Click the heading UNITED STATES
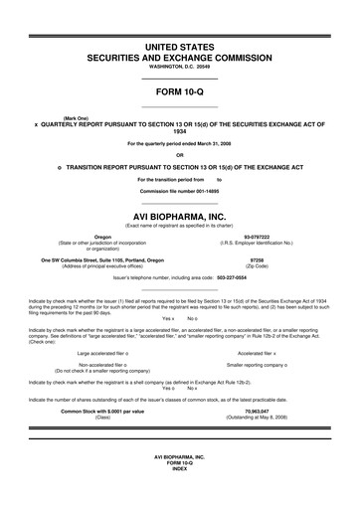(179, 47)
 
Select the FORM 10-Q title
(179, 91)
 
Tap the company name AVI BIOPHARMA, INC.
(179, 214)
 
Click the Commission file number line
(179, 189)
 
